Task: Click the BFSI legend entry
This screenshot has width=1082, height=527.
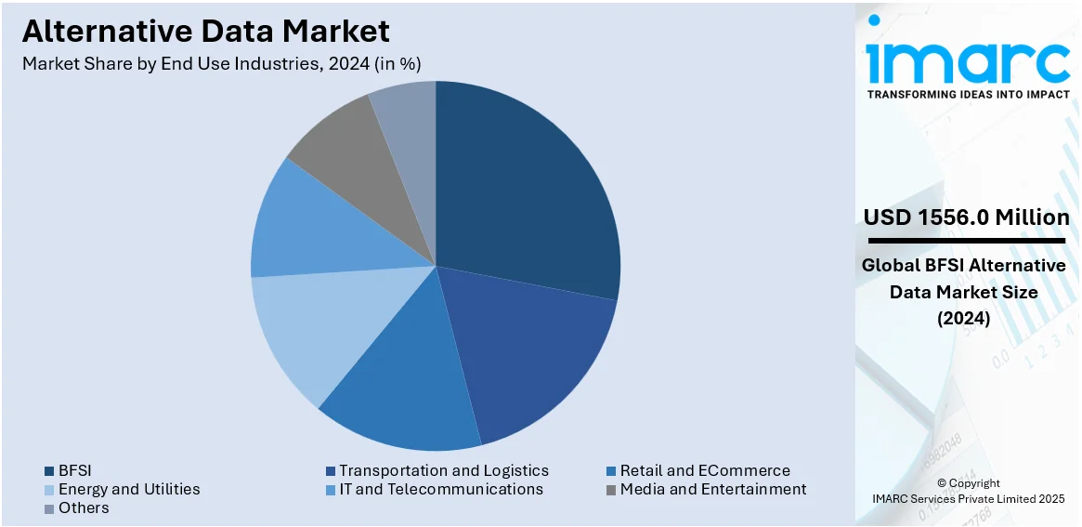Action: pyautogui.click(x=74, y=470)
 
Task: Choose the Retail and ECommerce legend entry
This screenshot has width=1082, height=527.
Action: pyautogui.click(x=704, y=470)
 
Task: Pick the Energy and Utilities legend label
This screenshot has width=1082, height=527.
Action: pyautogui.click(x=128, y=489)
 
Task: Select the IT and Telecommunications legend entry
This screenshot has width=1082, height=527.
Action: pyautogui.click(x=440, y=489)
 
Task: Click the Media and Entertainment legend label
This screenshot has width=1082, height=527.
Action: pyautogui.click(x=712, y=489)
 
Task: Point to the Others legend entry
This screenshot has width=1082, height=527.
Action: pyautogui.click(x=83, y=507)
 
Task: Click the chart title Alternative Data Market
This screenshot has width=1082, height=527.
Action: pyautogui.click(x=206, y=31)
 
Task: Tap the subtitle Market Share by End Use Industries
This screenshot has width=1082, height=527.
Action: pyautogui.click(x=222, y=63)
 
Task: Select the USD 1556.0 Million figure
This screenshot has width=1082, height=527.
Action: pyautogui.click(x=966, y=217)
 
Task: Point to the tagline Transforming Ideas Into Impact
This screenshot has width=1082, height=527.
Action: pyautogui.click(x=967, y=94)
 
